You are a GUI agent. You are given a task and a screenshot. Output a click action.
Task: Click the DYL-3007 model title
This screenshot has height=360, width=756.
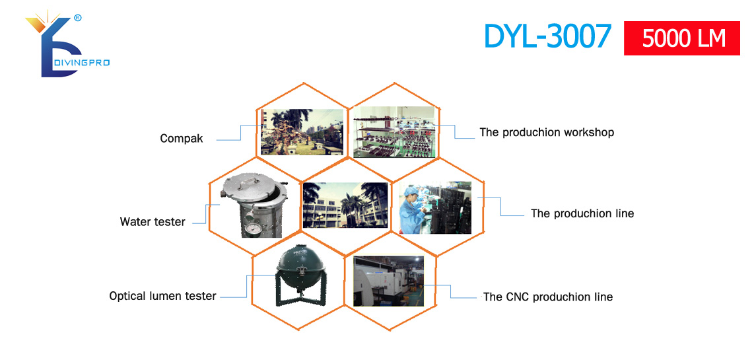click(548, 36)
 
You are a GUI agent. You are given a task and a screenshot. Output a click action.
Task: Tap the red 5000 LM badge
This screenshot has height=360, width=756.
click(682, 38)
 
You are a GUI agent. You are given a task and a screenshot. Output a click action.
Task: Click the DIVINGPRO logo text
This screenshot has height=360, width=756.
click(81, 63)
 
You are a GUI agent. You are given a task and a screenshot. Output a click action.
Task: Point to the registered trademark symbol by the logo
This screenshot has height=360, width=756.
click(78, 18)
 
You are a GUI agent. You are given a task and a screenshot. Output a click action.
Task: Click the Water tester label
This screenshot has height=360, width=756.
click(153, 222)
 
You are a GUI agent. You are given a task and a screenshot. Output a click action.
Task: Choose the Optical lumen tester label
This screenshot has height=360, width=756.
click(162, 296)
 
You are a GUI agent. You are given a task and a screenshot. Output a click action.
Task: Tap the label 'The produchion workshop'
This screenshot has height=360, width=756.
click(547, 132)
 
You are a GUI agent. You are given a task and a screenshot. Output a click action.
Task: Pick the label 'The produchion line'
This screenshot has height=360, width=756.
click(582, 213)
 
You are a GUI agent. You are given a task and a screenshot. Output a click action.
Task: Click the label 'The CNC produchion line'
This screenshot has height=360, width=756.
click(548, 297)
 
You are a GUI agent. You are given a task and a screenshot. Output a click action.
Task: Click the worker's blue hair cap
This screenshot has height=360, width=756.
click(410, 192)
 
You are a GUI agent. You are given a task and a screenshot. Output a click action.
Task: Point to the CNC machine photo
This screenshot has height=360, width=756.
click(388, 281)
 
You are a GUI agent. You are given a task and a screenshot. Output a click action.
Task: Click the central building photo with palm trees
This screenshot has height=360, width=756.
click(345, 205)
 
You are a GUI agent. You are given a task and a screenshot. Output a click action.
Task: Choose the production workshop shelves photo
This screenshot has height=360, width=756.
click(395, 132)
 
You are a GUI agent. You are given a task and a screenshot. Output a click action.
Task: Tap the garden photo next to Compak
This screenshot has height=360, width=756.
click(302, 131)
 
